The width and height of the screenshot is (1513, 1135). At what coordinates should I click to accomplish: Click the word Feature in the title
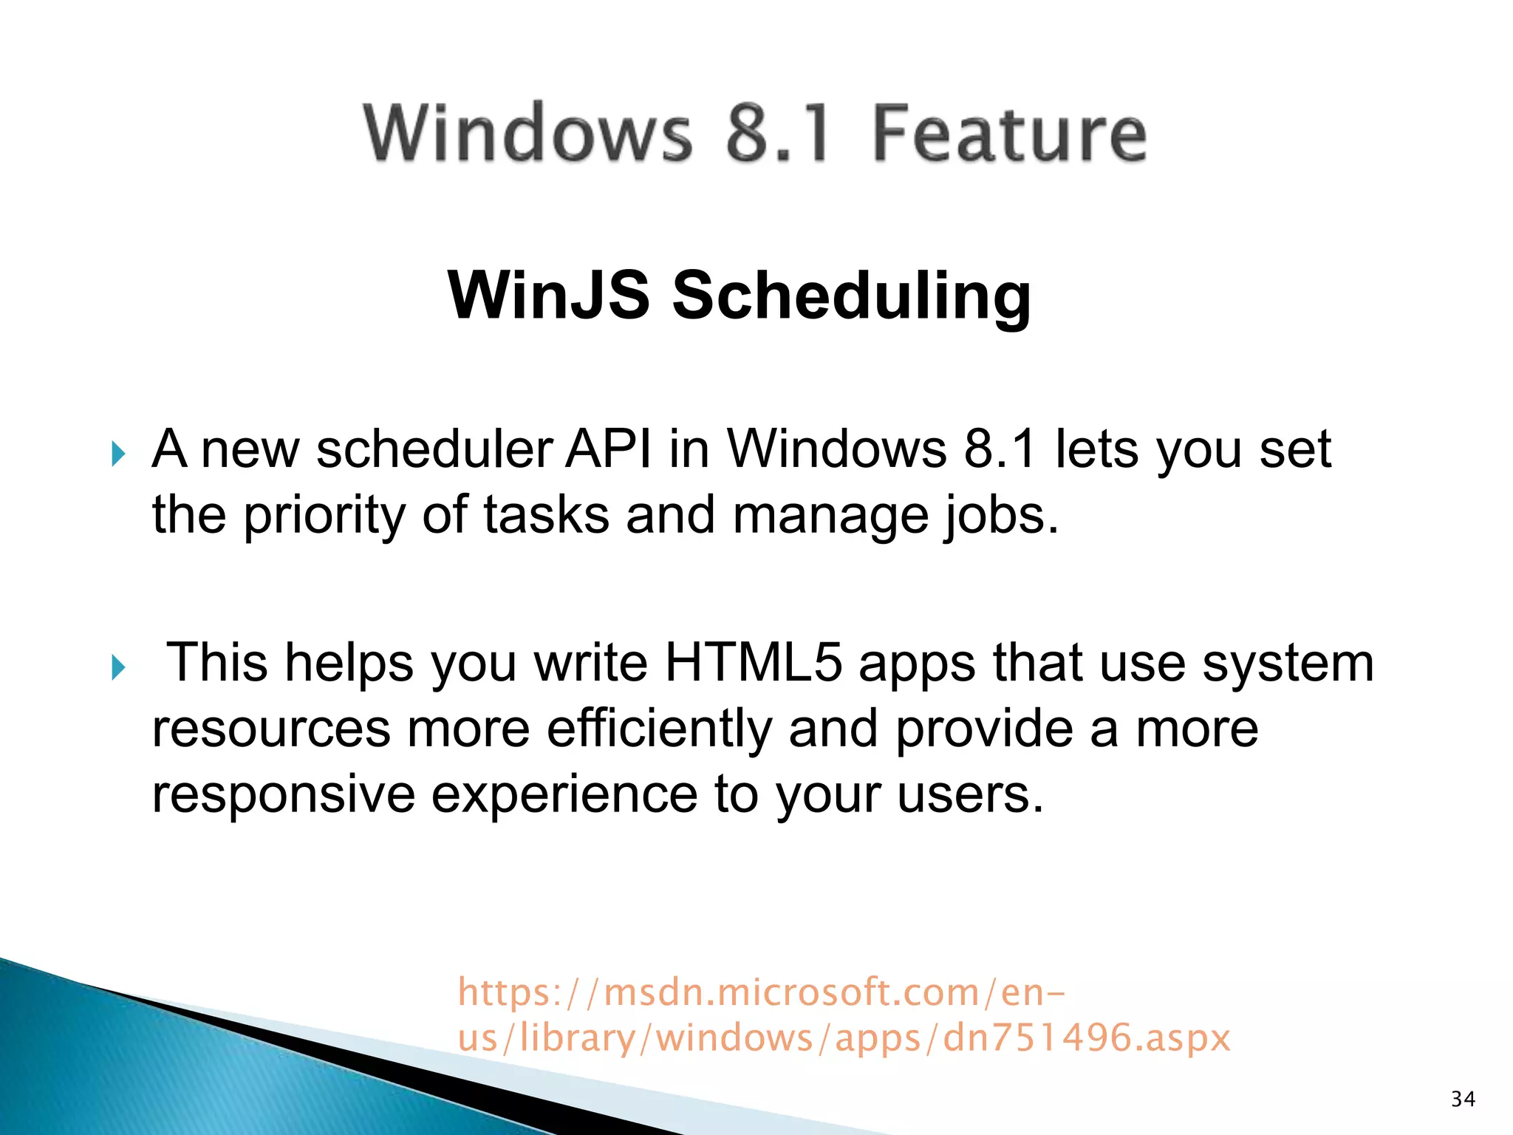click(1009, 134)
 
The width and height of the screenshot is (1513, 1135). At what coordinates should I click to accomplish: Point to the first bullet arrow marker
click(118, 454)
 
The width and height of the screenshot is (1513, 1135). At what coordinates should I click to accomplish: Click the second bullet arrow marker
click(118, 667)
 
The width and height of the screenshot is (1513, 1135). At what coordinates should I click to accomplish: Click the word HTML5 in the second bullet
click(753, 662)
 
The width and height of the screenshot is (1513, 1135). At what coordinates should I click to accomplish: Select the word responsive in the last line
click(284, 795)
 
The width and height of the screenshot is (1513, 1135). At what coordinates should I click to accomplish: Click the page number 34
click(1463, 1100)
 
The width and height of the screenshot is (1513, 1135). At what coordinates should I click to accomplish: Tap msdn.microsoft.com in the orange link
click(790, 992)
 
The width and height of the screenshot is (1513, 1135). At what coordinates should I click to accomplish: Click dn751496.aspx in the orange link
click(1087, 1037)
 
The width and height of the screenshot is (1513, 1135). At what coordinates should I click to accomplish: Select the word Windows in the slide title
click(527, 134)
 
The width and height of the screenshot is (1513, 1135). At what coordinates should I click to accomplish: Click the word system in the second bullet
click(1288, 664)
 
